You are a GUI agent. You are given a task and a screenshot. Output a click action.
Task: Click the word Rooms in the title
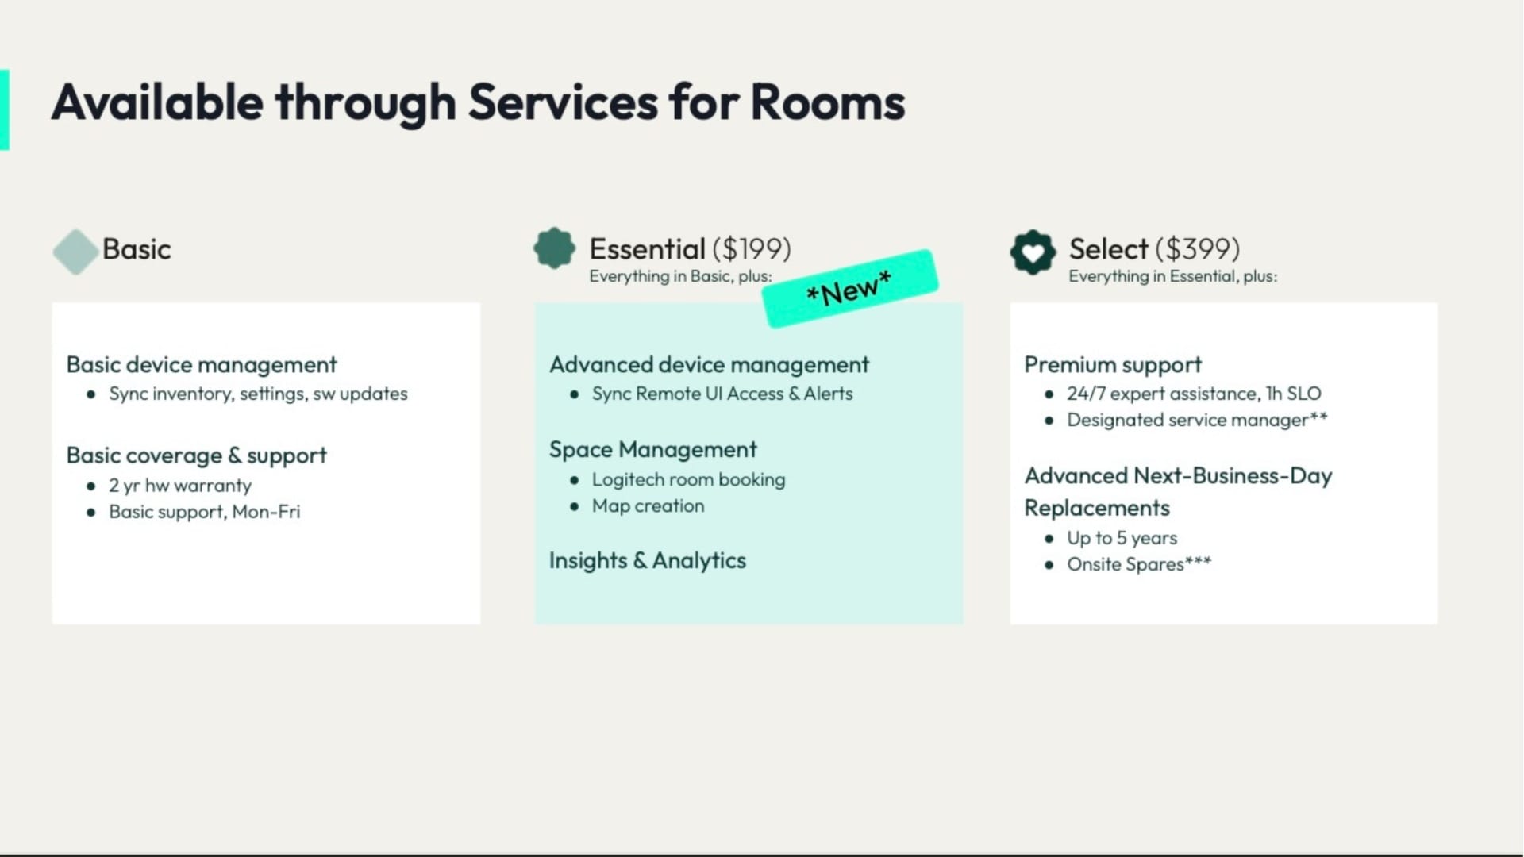(x=827, y=103)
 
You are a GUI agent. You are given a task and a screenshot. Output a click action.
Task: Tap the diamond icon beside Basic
(x=75, y=252)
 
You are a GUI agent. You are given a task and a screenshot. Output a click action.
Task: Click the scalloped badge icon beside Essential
(x=554, y=248)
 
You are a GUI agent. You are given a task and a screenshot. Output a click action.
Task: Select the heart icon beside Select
(x=1033, y=252)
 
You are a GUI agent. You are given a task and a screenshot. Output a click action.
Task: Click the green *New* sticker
(x=849, y=289)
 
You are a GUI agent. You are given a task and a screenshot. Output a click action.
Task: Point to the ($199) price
(x=752, y=249)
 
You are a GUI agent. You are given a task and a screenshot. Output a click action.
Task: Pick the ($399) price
(x=1198, y=249)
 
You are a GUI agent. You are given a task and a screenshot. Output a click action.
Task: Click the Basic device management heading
(x=202, y=365)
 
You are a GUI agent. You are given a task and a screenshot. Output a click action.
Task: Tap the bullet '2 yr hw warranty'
(x=180, y=486)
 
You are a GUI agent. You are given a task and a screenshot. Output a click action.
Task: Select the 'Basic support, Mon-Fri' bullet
(x=205, y=512)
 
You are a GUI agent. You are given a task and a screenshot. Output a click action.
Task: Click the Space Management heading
(x=652, y=450)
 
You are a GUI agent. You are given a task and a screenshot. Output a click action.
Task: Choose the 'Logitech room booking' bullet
(x=688, y=480)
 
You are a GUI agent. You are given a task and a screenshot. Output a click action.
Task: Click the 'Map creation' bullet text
(x=648, y=506)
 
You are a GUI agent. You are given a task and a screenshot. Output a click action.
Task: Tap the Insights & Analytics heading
(x=647, y=561)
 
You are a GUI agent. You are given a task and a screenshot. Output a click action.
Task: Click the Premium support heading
(x=1113, y=365)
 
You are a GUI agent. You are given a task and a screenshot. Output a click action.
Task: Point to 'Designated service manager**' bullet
(x=1196, y=420)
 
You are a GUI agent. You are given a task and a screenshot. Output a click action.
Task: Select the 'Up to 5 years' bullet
(x=1122, y=538)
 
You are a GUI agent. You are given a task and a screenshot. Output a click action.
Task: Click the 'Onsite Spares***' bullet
(x=1138, y=564)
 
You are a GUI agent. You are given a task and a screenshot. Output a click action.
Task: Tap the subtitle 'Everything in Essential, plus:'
(x=1172, y=276)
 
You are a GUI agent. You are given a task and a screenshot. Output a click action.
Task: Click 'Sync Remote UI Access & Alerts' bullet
(x=722, y=394)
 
